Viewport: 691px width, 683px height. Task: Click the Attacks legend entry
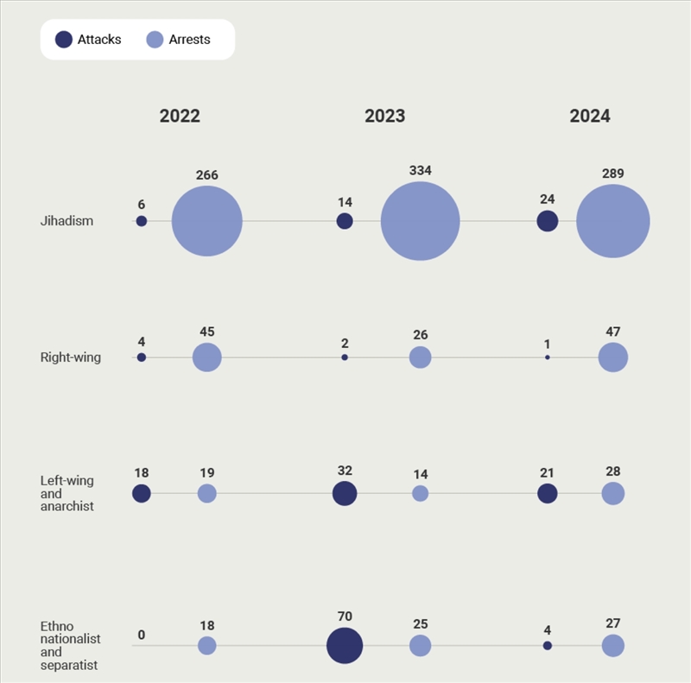coord(88,40)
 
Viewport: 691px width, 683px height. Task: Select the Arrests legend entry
coord(179,40)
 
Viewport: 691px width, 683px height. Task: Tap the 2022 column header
coord(180,117)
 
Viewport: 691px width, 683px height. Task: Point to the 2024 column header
coord(590,117)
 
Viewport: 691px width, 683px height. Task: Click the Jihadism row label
coord(67,221)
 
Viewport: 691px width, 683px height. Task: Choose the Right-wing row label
coord(71,357)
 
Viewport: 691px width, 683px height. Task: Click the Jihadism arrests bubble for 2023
coord(420,221)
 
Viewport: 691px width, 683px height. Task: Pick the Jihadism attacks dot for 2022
coord(142,221)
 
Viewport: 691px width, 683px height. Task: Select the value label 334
coord(420,171)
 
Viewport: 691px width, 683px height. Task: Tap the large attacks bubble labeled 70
coord(345,646)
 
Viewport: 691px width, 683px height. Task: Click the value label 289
coord(613,174)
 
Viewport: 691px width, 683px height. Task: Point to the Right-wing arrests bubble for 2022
coord(207,357)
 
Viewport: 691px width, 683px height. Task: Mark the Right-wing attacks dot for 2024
coord(547,357)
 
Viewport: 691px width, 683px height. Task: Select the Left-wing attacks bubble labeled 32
coord(345,493)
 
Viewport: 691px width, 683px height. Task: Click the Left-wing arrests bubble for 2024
coord(613,493)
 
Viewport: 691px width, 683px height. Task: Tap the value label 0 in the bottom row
coord(142,636)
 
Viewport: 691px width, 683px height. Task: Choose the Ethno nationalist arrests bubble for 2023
coord(420,646)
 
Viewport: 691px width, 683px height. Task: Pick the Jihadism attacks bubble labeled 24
coord(547,221)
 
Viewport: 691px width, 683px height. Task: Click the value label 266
coord(207,175)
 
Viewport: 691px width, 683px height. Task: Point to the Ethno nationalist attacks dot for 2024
coord(547,646)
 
